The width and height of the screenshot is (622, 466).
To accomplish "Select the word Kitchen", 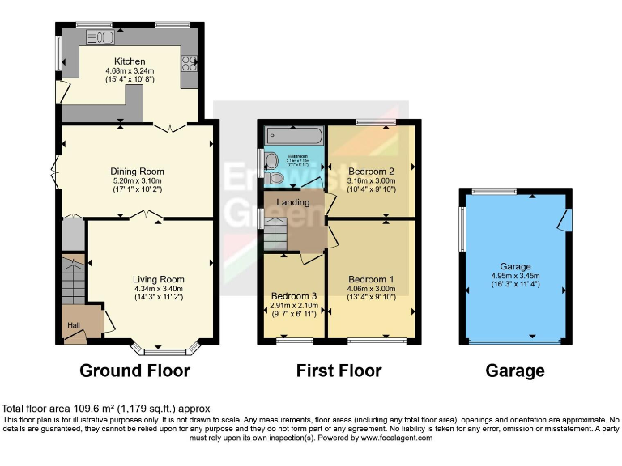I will [x=130, y=61].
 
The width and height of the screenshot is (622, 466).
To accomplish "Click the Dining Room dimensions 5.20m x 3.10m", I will [x=137, y=180].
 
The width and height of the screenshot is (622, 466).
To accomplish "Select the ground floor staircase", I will [x=74, y=279].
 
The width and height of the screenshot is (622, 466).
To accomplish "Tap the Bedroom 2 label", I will [x=371, y=172].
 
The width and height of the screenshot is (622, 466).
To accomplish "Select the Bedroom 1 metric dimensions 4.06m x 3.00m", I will [x=371, y=289].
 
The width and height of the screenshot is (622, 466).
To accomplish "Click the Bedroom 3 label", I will [x=294, y=296].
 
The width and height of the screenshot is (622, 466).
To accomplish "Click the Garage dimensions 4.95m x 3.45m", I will [x=515, y=275].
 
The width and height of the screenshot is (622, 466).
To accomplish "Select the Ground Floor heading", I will [x=134, y=371].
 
